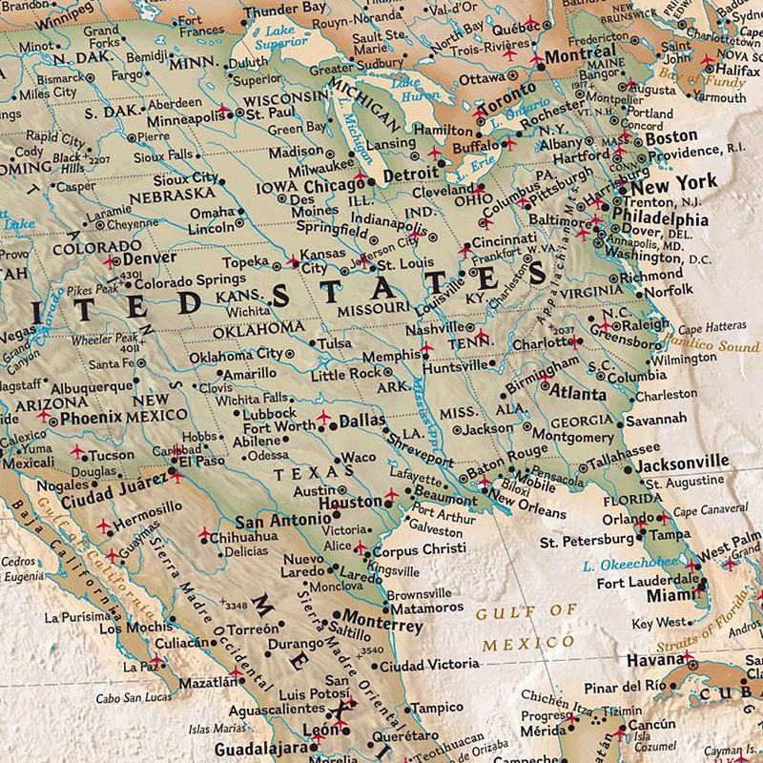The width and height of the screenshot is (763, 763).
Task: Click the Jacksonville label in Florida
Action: click(x=683, y=463)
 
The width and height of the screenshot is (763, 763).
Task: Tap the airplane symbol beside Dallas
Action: click(x=323, y=418)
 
